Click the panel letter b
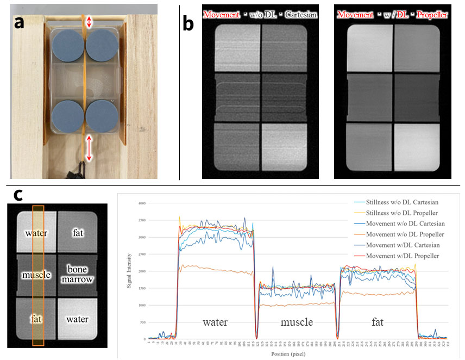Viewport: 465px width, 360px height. [x=188, y=23]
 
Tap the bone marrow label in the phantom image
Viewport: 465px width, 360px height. [x=77, y=274]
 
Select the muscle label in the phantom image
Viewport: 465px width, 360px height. [x=36, y=275]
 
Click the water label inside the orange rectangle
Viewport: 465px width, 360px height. [x=36, y=233]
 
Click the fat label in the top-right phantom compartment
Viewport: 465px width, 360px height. [x=77, y=233]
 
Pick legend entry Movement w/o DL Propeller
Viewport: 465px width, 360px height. [x=405, y=235]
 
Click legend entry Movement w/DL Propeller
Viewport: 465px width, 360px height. [x=403, y=256]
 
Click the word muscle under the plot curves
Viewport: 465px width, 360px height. [x=297, y=322]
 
